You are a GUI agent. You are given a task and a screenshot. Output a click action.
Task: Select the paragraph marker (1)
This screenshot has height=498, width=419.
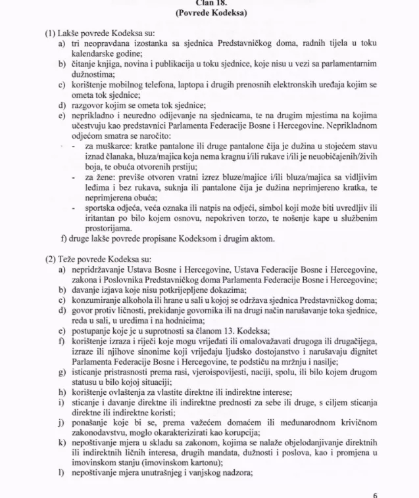point(51,33)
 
